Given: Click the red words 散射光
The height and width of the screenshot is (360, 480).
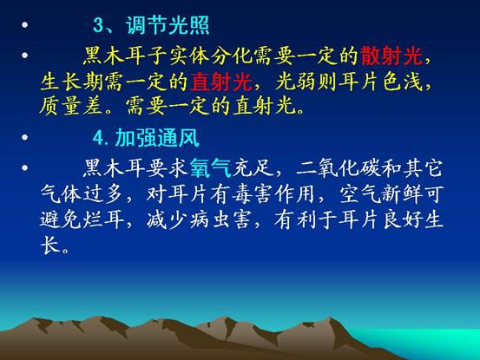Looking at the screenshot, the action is [x=391, y=56].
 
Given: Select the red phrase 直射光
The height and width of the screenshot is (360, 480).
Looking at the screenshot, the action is [x=220, y=82].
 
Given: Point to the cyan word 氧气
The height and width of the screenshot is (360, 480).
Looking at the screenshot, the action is [x=210, y=168].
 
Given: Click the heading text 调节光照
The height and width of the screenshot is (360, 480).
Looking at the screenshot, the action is [x=168, y=25].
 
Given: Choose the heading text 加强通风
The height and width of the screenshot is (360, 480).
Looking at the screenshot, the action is [x=157, y=138].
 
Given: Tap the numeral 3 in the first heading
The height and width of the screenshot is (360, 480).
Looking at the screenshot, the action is [x=98, y=25].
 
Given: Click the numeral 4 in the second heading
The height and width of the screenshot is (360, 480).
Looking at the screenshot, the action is [x=99, y=138].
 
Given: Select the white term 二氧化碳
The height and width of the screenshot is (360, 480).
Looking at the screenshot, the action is [x=339, y=168].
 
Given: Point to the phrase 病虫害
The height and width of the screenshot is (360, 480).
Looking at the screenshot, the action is [x=220, y=219].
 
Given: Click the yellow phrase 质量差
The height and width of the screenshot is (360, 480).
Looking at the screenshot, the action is [x=71, y=106].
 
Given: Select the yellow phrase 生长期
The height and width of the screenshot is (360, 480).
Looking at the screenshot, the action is [x=71, y=82].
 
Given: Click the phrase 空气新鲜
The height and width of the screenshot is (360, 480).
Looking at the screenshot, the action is [x=381, y=193].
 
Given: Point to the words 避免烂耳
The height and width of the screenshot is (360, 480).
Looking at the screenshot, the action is [x=82, y=219].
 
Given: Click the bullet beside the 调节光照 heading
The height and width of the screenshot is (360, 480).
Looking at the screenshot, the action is [x=25, y=25].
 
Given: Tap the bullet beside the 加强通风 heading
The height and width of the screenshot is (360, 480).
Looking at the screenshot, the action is [x=25, y=137].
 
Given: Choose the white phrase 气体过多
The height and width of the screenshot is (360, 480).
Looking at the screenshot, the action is [x=82, y=193].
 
